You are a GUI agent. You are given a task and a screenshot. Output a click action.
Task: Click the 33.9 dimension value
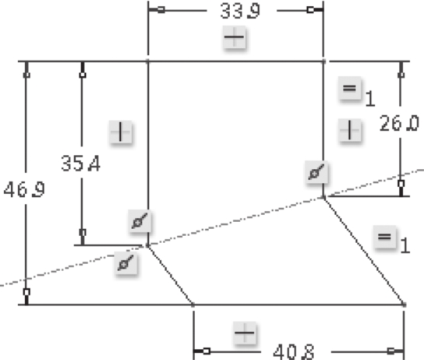[240, 12]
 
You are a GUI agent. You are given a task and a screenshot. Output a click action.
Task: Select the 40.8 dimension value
[294, 352]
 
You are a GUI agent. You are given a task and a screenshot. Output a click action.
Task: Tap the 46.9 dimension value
[24, 189]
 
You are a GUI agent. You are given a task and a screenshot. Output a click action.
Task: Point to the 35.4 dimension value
[81, 164]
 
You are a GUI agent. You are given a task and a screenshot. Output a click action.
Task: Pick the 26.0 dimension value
[399, 123]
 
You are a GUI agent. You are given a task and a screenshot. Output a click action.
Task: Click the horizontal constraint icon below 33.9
[235, 37]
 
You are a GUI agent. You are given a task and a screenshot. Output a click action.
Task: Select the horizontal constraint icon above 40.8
[245, 333]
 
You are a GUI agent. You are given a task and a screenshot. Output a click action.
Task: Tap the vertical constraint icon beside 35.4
[120, 132]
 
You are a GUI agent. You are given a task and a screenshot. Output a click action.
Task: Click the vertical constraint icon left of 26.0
[349, 130]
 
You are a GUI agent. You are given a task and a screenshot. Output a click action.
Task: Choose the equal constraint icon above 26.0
[349, 88]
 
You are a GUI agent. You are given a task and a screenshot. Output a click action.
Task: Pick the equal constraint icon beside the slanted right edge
[384, 237]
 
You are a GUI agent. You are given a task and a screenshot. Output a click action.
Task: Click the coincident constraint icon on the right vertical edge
[316, 172]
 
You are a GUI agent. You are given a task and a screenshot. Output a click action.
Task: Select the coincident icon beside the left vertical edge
[140, 221]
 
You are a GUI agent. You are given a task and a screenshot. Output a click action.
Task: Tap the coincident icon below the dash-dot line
[126, 263]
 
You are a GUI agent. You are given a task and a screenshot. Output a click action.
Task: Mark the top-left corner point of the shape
[148, 62]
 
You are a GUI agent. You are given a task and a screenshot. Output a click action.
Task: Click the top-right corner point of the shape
[324, 62]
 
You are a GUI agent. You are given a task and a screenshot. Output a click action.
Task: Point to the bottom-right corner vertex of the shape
[404, 305]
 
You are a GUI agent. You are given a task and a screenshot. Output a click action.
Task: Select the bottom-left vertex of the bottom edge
[193, 305]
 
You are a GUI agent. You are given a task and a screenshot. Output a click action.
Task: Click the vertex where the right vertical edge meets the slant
[324, 198]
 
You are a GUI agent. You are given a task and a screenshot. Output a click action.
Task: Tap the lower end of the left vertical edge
[148, 245]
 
